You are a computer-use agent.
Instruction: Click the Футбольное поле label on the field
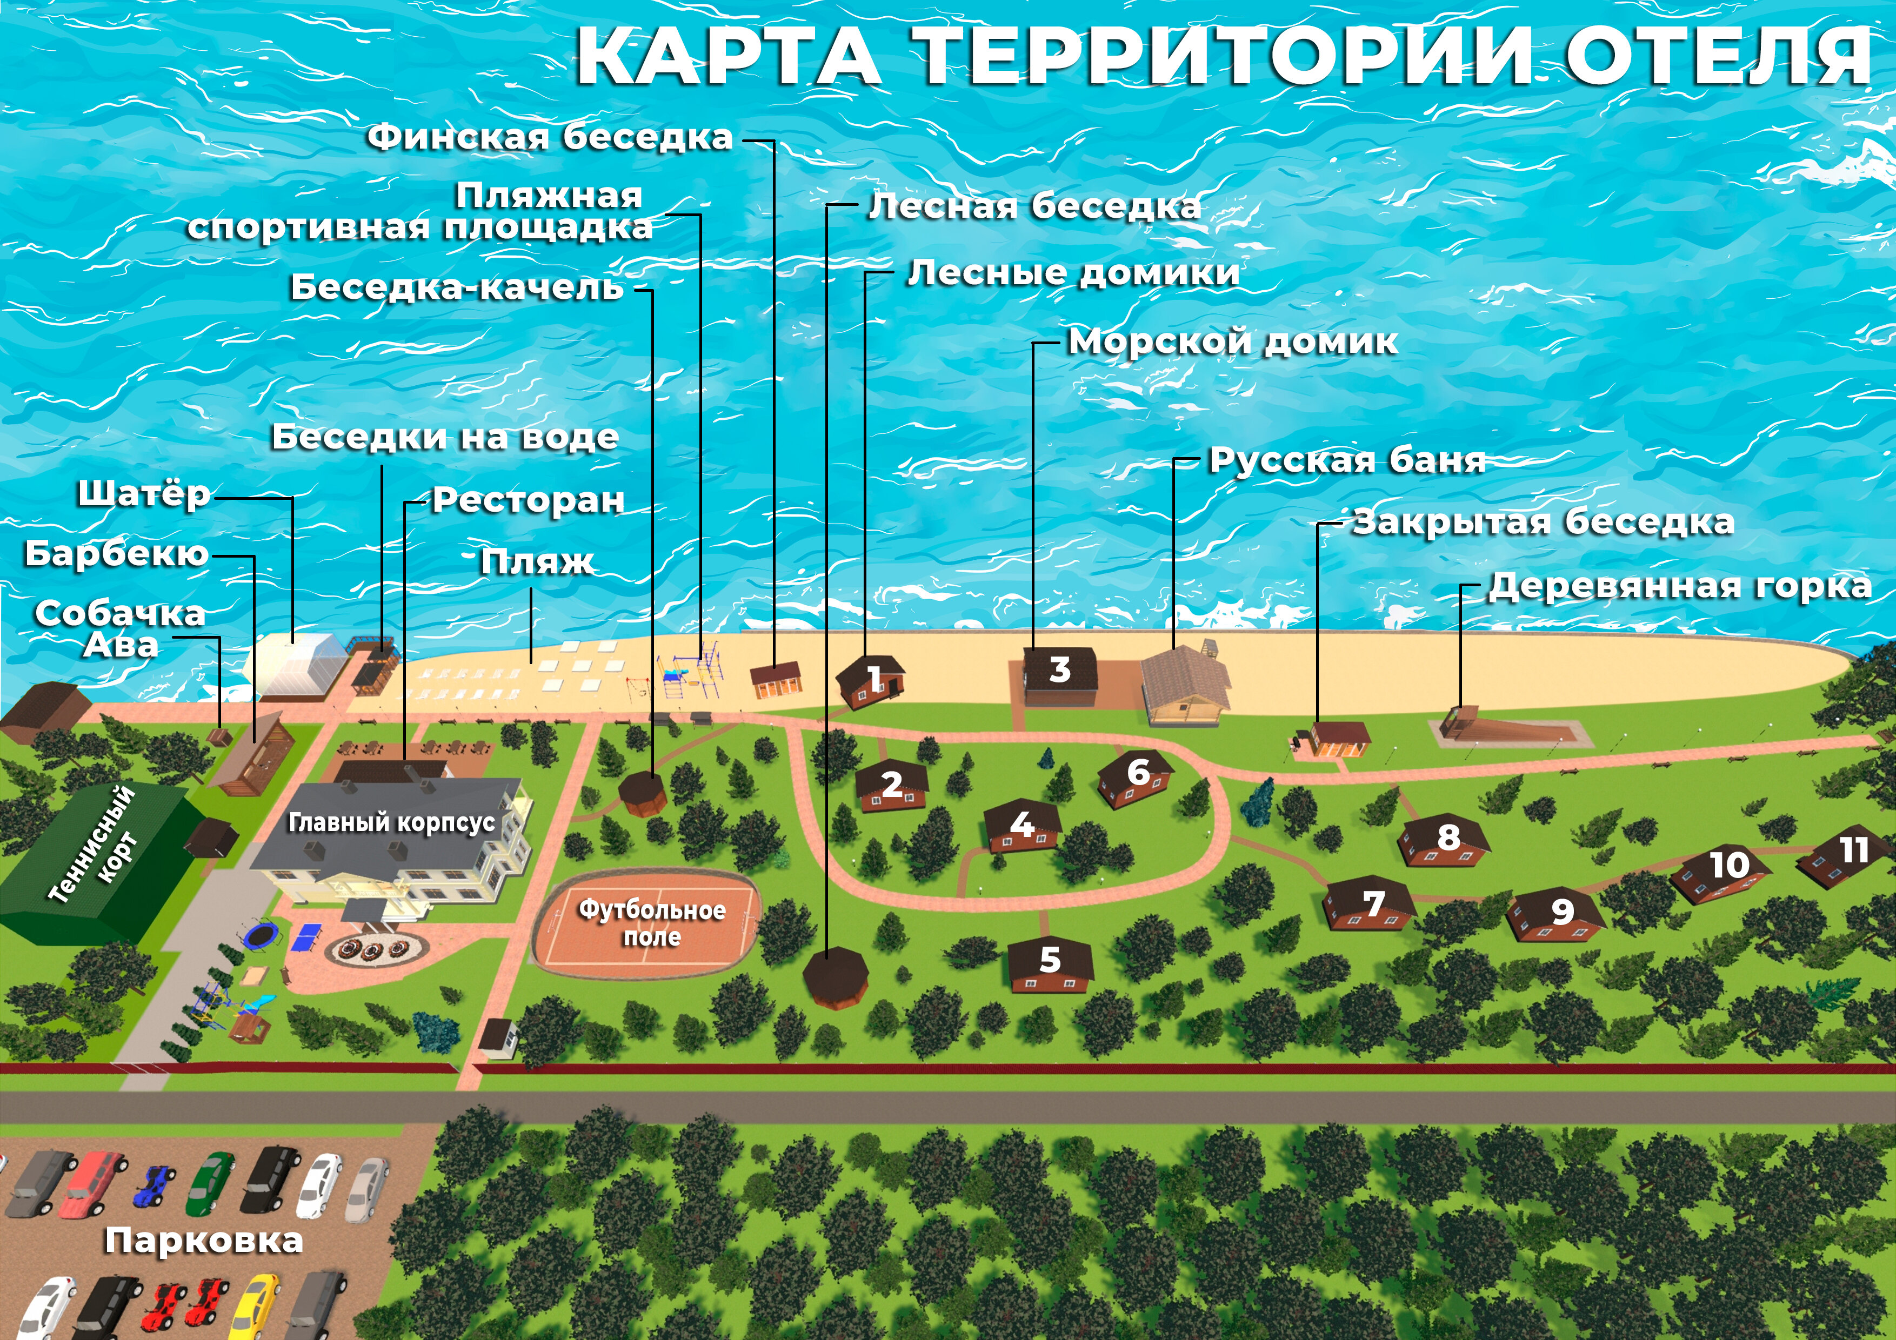pyautogui.click(x=651, y=922)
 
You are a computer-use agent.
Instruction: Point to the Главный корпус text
pyautogui.click(x=391, y=822)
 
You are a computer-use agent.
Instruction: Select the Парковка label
pyautogui.click(x=204, y=1240)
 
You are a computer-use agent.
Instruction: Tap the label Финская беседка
pyautogui.click(x=550, y=137)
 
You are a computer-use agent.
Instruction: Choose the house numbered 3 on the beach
pyautogui.click(x=1060, y=673)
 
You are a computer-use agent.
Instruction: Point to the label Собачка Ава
pyautogui.click(x=121, y=629)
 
